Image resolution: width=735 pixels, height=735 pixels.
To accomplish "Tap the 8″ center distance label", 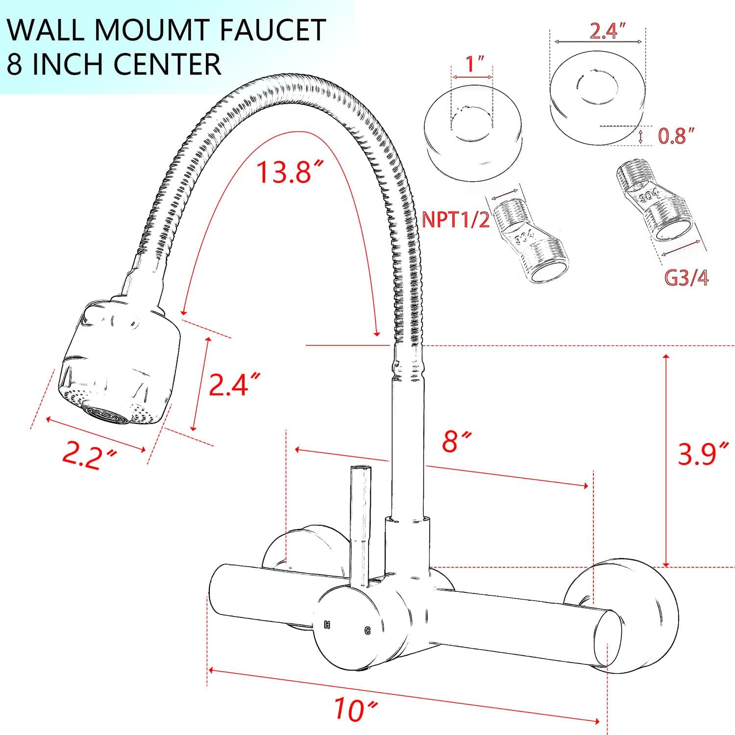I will click(x=450, y=441).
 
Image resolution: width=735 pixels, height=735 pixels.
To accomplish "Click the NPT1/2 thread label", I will click(x=456, y=220).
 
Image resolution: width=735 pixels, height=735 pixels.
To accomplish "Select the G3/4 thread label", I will click(x=686, y=278).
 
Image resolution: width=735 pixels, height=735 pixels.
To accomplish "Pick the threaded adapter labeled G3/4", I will click(x=654, y=206).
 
